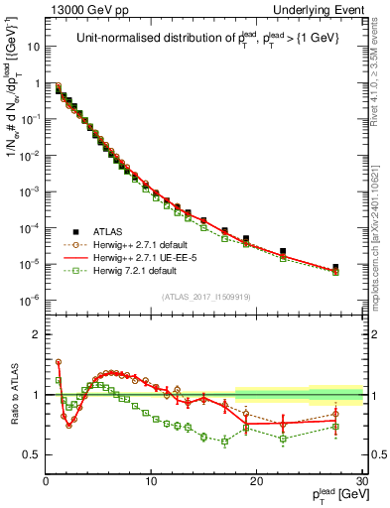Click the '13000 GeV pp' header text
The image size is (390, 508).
pos(81,9)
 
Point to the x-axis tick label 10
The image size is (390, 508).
pos(151,481)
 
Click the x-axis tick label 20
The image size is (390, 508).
pos(257,481)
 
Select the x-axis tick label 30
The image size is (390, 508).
pos(362,481)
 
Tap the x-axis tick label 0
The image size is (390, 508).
pos(46,481)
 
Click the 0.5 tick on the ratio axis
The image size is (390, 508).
pos(33,454)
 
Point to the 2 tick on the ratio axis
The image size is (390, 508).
pos(37,333)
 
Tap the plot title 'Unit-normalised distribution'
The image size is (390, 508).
pos(205,39)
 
